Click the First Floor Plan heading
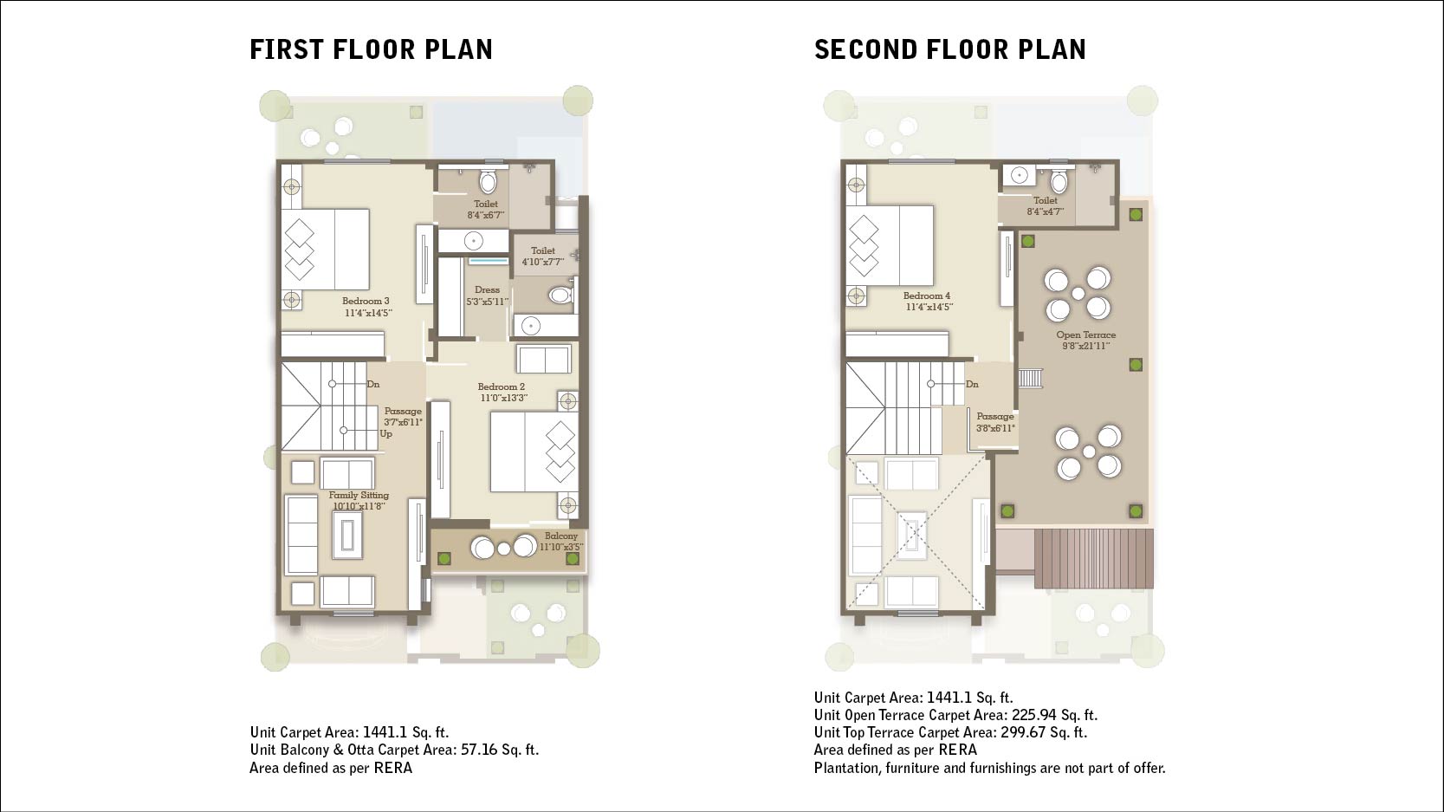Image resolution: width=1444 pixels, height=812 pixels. pos(372,49)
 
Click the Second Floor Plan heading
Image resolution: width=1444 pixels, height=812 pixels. pos(950,49)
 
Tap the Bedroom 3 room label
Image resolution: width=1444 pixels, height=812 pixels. pos(366,307)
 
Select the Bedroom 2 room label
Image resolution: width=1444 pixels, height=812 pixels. pos(502,392)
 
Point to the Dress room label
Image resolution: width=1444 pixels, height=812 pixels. pos(487,296)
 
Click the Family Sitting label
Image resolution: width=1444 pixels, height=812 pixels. pos(359,501)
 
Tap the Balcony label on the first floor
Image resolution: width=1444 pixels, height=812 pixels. pos(561,541)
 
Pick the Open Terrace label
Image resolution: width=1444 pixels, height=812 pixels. pos(1085,341)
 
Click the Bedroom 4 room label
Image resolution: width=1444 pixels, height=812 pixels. pos(928,302)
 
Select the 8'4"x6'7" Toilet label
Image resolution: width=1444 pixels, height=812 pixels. pos(485,210)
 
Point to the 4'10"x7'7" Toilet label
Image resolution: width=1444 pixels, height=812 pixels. pos(543,256)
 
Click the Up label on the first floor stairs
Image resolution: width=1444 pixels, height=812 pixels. pos(385,434)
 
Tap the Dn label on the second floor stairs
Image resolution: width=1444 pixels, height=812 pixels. pos(972,385)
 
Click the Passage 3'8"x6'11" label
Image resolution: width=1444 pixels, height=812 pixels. pos(995,422)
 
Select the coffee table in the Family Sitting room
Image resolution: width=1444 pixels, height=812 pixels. pos(347,535)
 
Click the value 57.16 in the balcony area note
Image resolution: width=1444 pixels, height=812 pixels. pos(479,750)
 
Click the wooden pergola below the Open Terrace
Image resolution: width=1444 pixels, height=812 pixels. pos(1093,559)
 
